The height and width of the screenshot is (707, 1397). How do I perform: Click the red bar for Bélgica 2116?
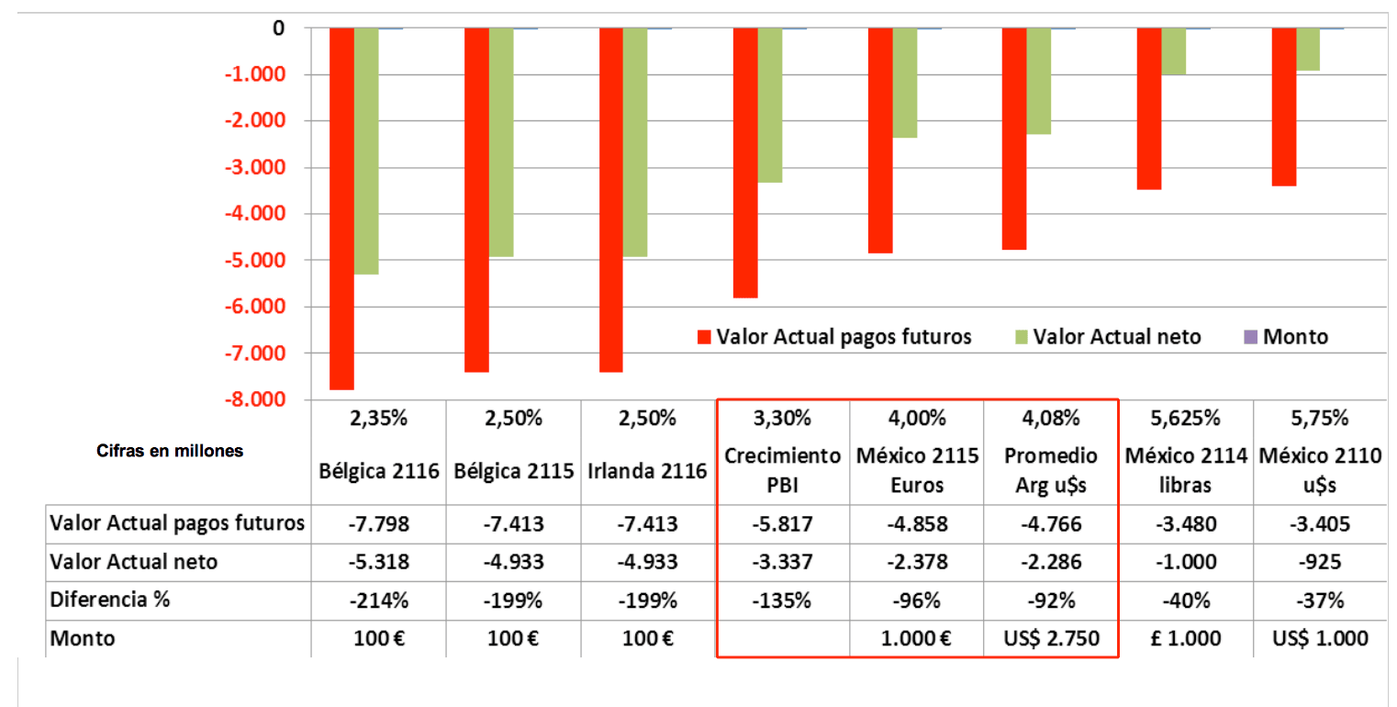pos(342,208)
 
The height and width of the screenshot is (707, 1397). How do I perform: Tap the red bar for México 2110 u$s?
pos(1283,107)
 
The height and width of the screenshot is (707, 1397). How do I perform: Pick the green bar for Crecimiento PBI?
pos(770,106)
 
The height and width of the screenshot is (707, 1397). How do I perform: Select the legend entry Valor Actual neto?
pos(1116,336)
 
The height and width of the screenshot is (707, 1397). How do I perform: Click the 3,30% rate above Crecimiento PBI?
pos(783,420)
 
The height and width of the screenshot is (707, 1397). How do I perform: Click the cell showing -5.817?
pos(783,524)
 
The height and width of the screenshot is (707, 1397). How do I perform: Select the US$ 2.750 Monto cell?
pos(1051,639)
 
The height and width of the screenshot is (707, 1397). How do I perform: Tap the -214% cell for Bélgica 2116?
pos(379,600)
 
